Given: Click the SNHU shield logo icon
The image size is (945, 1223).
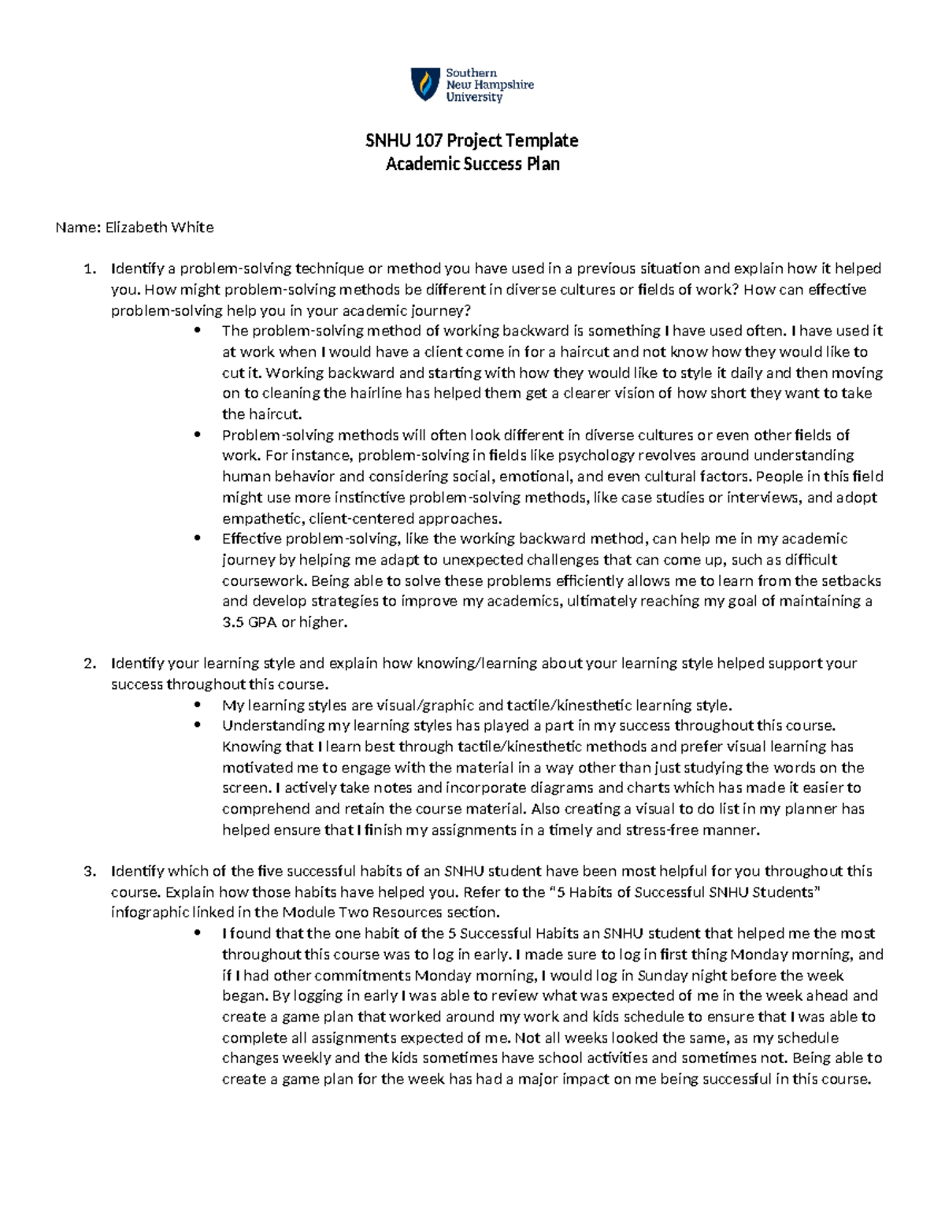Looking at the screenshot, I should pyautogui.click(x=425, y=84).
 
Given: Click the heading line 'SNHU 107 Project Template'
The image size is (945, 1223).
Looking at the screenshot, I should pyautogui.click(x=472, y=140).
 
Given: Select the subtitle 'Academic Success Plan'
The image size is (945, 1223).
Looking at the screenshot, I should pyautogui.click(x=472, y=164).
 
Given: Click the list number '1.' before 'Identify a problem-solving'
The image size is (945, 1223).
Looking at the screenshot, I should pyautogui.click(x=90, y=269).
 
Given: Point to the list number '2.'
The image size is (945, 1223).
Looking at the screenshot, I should pyautogui.click(x=90, y=664).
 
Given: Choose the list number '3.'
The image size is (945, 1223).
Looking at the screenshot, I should pyautogui.click(x=90, y=872).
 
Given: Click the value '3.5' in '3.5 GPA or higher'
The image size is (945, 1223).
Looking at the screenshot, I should pyautogui.click(x=233, y=623).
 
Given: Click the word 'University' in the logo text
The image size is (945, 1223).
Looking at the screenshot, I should pyautogui.click(x=474, y=98).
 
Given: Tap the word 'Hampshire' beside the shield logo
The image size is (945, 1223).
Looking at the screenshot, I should pyautogui.click(x=504, y=85).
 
